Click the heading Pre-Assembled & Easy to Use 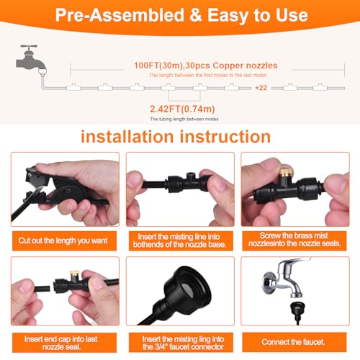point(181,15)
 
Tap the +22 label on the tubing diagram point(261,88)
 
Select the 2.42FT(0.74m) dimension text point(182,109)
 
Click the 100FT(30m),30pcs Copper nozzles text point(206,66)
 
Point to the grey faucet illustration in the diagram point(31,60)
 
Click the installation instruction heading point(176,137)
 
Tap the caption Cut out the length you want point(63,240)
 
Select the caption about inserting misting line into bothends point(180,240)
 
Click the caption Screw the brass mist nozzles point(294,240)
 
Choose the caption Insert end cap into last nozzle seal point(61,343)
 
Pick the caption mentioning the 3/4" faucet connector point(183,343)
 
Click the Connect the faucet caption point(293,342)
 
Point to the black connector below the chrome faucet point(297,312)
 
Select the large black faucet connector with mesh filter point(187,289)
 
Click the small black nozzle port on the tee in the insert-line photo point(190,176)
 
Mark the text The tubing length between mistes point(184,119)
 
